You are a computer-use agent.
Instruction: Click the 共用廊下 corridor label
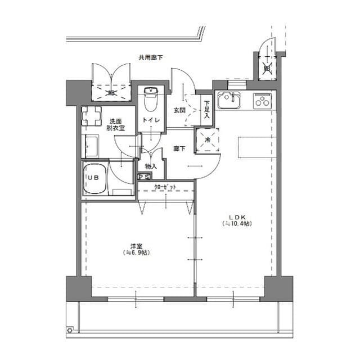tap(151, 57)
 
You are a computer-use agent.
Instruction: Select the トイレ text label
tap(151, 120)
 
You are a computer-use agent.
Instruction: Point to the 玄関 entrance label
tap(179, 110)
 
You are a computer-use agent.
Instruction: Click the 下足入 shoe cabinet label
tap(207, 110)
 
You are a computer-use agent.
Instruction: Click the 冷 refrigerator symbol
tap(208, 139)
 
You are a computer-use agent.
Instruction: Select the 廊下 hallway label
tap(179, 149)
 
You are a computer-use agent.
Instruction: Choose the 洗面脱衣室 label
tap(116, 125)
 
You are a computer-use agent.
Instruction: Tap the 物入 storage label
tap(151, 166)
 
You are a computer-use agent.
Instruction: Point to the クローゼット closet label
tap(165, 187)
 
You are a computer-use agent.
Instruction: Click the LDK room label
tap(236, 217)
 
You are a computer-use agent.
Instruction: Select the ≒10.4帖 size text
tap(236, 224)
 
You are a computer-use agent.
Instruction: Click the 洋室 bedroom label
tap(136, 246)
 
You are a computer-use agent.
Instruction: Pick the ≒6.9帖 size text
tap(136, 253)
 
